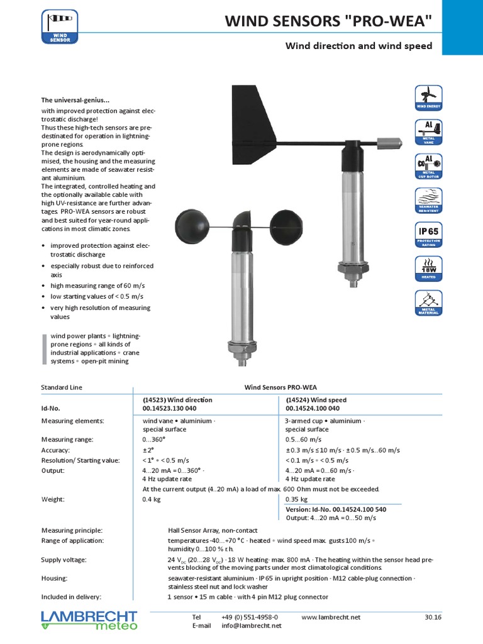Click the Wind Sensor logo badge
click(x=60, y=26)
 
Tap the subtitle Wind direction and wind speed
click(x=358, y=46)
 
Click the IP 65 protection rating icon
click(x=429, y=235)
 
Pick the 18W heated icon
click(x=429, y=269)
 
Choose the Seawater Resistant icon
click(x=429, y=200)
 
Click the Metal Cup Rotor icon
click(x=429, y=166)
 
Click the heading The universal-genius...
click(x=75, y=100)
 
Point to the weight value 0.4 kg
click(x=152, y=499)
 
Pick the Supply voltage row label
click(x=64, y=559)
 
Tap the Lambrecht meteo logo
click(x=89, y=619)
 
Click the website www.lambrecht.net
click(x=331, y=618)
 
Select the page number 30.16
click(x=433, y=618)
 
